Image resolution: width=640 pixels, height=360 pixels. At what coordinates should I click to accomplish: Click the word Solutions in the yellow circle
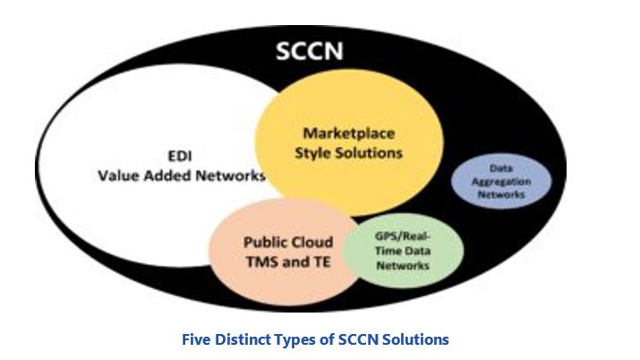(370, 153)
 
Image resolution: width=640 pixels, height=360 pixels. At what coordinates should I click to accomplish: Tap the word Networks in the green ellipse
(402, 265)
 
